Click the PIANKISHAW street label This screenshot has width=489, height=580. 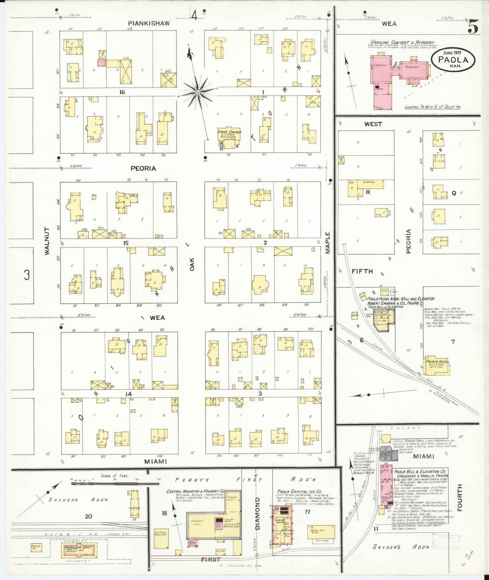148,23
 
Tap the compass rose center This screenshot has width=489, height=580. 197,92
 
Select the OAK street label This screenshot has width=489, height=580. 192,264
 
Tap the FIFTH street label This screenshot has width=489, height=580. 362,271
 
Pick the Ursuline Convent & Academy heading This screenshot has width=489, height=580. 402,42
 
